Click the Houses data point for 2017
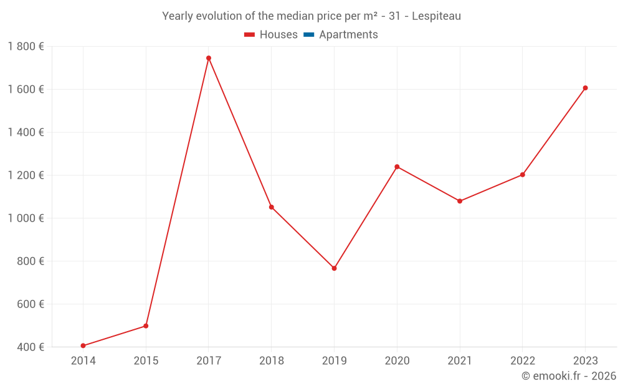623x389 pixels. click(x=209, y=58)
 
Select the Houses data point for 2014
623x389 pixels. click(x=83, y=345)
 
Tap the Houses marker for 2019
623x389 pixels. click(x=334, y=268)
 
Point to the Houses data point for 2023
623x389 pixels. click(x=585, y=88)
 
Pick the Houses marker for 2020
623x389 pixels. click(x=397, y=167)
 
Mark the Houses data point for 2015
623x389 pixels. click(x=146, y=326)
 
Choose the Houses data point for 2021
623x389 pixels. click(x=460, y=201)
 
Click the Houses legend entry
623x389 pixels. click(x=271, y=35)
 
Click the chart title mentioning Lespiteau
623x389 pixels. click(x=311, y=16)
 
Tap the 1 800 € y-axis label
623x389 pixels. click(x=26, y=46)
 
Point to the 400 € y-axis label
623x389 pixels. click(x=30, y=347)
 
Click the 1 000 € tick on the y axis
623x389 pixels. click(x=26, y=218)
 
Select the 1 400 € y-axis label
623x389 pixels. click(x=26, y=132)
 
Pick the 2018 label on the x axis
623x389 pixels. click(x=271, y=360)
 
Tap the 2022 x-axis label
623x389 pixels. click(x=522, y=360)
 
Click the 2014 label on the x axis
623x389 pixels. click(x=83, y=360)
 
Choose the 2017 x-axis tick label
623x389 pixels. click(x=209, y=360)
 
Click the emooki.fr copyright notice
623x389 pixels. click(x=568, y=376)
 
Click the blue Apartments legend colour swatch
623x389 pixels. click(x=309, y=35)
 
